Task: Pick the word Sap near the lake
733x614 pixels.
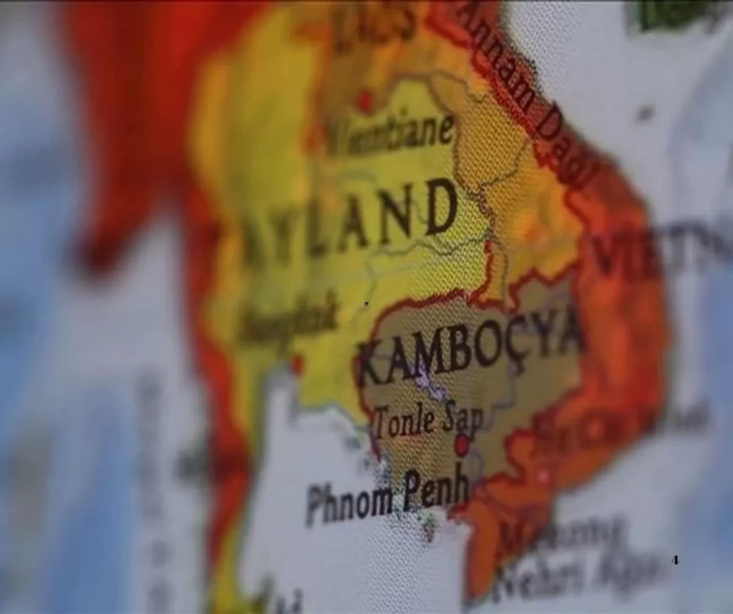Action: pyautogui.click(x=461, y=419)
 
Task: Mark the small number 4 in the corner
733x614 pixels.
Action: pyautogui.click(x=675, y=560)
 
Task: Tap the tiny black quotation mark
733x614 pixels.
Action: pyautogui.click(x=366, y=304)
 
